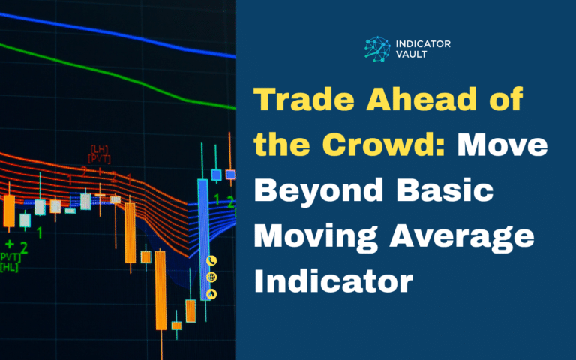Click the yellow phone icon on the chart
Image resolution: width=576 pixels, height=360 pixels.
(211, 261)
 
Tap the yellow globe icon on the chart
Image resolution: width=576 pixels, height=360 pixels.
(211, 277)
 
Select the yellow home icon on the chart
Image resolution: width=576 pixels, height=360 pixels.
(211, 293)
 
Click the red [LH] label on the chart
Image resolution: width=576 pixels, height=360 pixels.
(98, 149)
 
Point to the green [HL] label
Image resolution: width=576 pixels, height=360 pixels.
(9, 267)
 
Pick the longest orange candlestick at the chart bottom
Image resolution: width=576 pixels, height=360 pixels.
(160, 289)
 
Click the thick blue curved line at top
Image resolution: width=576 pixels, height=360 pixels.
(112, 31)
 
